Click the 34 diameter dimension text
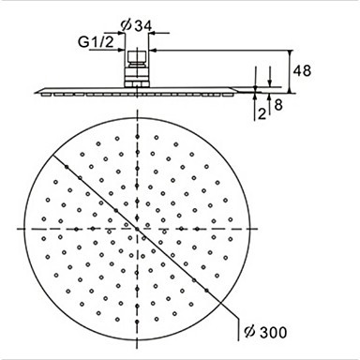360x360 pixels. pos(143,26)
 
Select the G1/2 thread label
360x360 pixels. pos(96,41)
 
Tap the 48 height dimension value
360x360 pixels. pos(302,71)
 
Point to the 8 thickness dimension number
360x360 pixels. pos(278,105)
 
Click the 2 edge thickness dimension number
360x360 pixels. pos(262,113)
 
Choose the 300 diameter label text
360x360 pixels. pos(273,333)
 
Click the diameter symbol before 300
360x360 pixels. pos(250,333)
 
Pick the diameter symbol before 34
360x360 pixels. pos(127,26)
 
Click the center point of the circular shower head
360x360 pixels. pos(137,229)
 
